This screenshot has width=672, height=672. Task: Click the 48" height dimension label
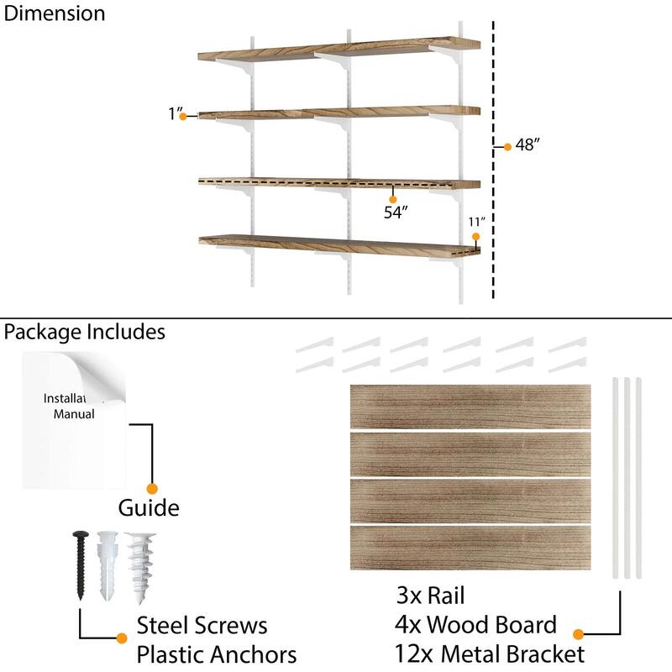pos(527,145)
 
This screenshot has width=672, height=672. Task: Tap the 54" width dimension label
pos(395,213)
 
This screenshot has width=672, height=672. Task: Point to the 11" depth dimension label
pos(477,222)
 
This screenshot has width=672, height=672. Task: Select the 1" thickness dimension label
pos(174,114)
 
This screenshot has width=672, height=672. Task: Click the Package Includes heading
pos(84,332)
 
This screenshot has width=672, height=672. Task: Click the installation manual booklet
pos(74,420)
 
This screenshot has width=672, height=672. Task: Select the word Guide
pos(149,508)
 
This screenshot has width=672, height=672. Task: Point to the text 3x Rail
pos(430,596)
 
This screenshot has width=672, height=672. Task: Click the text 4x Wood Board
pos(475,625)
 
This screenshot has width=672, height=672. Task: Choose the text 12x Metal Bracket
pos(490,654)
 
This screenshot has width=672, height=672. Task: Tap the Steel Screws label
pos(202,625)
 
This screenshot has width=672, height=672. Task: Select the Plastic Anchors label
pos(217,654)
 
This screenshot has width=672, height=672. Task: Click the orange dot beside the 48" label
pos(507,147)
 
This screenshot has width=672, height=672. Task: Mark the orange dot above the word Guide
pos(152,488)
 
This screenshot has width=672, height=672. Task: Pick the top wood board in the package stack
pos(470,405)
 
